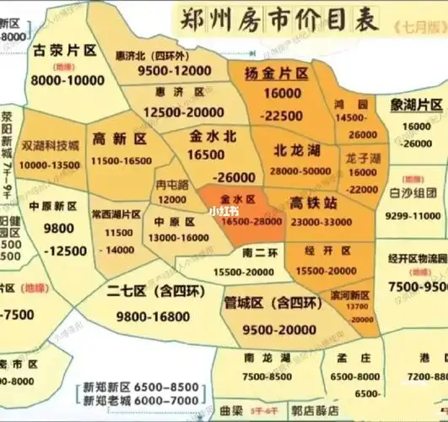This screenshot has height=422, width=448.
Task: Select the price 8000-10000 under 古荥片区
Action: [x=65, y=79]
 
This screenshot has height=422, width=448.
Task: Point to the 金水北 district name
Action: [x=208, y=136]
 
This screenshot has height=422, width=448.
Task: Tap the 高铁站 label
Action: [x=313, y=203]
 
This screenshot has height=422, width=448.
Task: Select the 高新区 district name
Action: [x=119, y=138]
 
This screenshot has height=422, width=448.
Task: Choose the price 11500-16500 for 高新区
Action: [x=121, y=160]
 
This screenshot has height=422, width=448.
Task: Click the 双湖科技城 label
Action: [x=51, y=145]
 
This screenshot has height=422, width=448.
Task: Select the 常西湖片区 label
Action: [x=115, y=214]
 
